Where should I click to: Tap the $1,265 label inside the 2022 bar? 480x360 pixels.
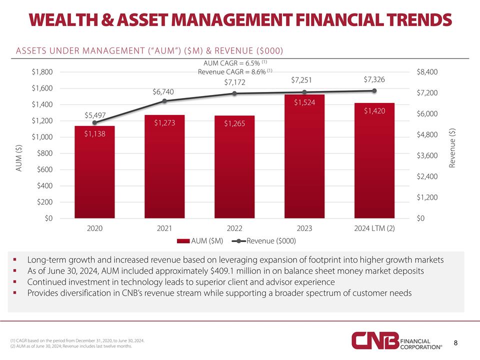[234, 123]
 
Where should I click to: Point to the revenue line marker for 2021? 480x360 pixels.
[164, 101]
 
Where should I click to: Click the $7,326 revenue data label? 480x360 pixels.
[373, 80]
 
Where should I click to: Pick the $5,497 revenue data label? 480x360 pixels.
[94, 115]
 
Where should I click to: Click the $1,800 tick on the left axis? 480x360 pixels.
[42, 72]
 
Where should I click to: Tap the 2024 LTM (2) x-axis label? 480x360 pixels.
[373, 229]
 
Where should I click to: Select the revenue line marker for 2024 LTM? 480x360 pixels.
[373, 90]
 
